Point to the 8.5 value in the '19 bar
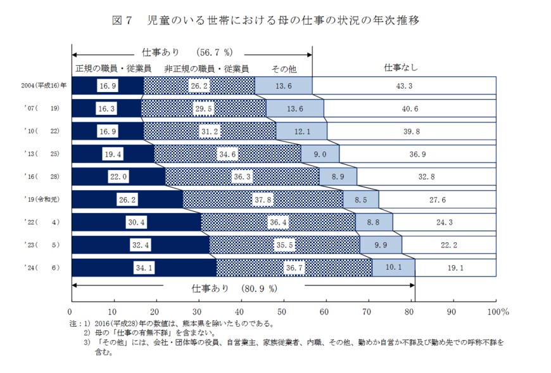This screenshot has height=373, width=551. click(360, 199)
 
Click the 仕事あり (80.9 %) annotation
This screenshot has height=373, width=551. click(234, 288)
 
